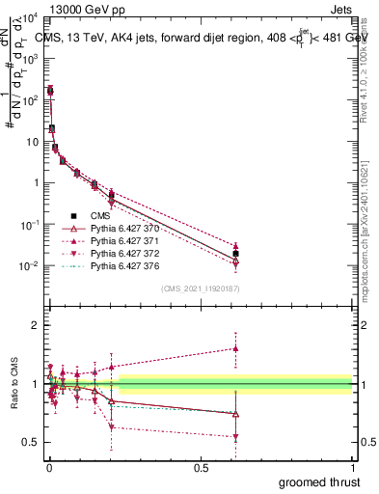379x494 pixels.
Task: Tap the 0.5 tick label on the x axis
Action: pos(201,466)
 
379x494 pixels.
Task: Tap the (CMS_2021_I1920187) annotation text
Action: pos(202,288)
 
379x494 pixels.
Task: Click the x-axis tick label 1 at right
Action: pos(353,466)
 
